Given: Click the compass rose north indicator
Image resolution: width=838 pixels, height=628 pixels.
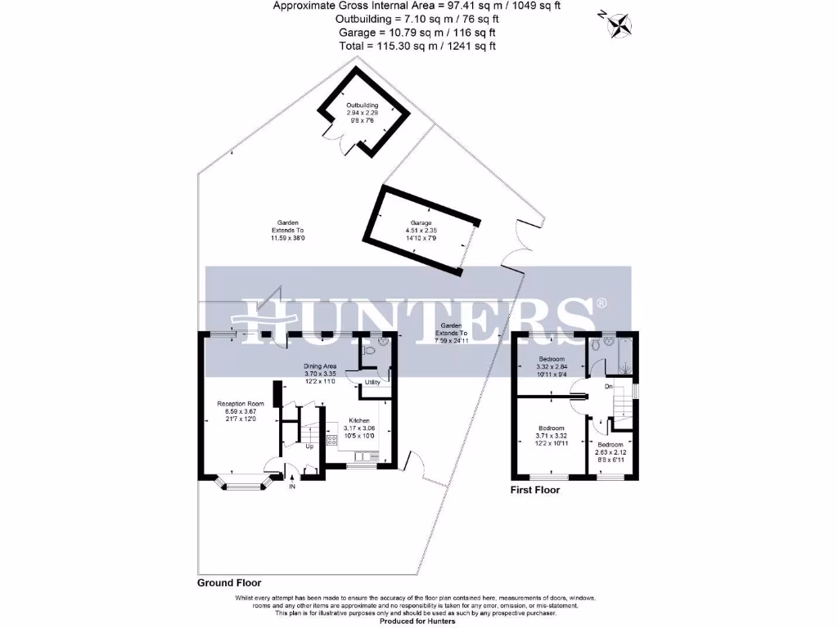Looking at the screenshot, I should [x=620, y=24].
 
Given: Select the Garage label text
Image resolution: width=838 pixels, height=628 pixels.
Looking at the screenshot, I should [x=421, y=223].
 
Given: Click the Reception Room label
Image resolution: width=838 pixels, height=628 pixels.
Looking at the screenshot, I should [x=241, y=403].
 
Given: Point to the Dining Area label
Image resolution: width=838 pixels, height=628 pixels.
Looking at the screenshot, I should [x=320, y=366].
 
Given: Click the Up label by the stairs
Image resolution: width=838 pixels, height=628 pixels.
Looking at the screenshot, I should [x=309, y=446].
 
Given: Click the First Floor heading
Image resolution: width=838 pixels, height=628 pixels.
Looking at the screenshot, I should [x=535, y=491].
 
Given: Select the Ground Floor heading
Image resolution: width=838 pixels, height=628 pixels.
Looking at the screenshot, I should [x=229, y=583].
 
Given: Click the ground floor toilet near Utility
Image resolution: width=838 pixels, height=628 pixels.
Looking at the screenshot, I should [x=369, y=350].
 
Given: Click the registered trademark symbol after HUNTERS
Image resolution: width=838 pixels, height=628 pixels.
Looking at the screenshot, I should [x=602, y=303].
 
